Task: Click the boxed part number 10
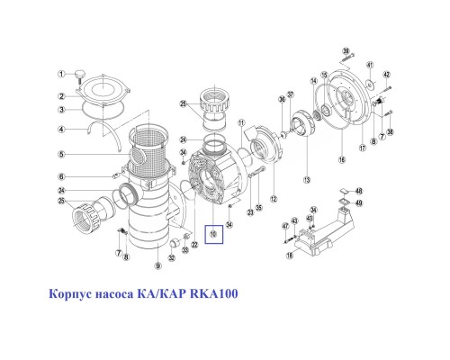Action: click(x=213, y=235)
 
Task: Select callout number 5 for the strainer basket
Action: click(x=61, y=154)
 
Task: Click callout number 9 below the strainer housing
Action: click(x=157, y=265)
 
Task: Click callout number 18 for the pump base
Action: click(x=290, y=255)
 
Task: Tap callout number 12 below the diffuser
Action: click(x=274, y=198)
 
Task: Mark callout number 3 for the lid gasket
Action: click(x=61, y=110)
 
